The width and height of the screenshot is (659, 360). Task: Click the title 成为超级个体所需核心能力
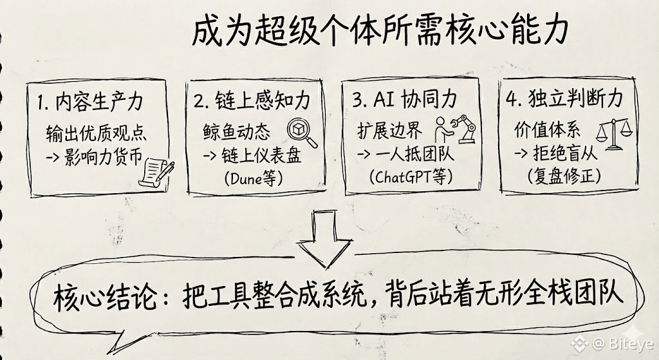click(x=380, y=32)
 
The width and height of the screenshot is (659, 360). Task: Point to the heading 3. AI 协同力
click(x=405, y=101)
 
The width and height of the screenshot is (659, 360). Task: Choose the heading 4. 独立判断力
click(x=564, y=101)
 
